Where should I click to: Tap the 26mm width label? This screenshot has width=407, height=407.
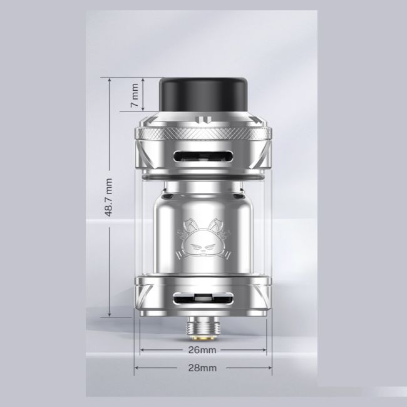pos(202,349)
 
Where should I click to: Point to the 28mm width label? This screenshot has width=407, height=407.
pos(202,368)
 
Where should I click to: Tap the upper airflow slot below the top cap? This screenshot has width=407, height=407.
pos(203,157)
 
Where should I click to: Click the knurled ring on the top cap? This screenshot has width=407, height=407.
pos(203,133)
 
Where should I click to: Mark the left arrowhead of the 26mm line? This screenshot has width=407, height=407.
pos(142,349)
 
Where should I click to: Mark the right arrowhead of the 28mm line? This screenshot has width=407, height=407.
pos(270,368)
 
